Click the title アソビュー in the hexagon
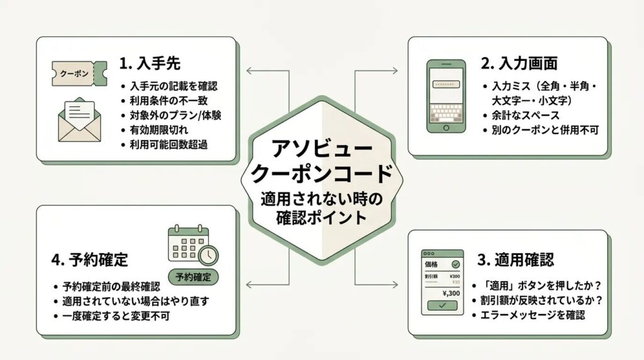tap(322, 149)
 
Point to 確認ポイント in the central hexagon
tap(322, 218)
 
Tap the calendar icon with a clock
tap(192, 245)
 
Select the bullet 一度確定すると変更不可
tap(117, 315)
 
